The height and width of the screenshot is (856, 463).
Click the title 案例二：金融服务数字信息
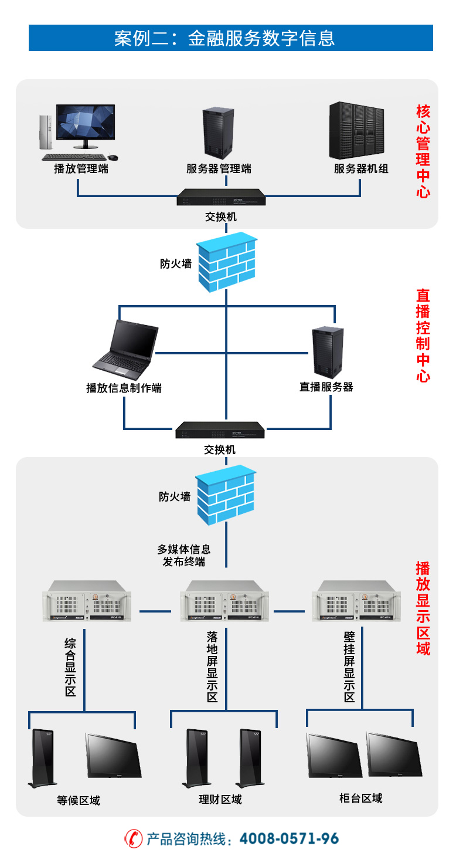coord(231,38)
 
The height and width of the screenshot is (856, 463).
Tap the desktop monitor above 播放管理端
coord(86,125)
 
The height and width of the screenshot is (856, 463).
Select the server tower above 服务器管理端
coord(218,133)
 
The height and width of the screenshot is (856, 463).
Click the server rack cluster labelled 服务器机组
coord(360,131)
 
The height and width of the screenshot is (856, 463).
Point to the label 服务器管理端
coord(219,169)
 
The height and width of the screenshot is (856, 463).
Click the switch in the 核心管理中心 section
coord(221,197)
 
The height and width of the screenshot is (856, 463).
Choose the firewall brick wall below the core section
coord(226,263)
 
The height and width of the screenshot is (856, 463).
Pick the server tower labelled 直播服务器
coord(326,352)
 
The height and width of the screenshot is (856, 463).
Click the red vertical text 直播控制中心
coord(423,335)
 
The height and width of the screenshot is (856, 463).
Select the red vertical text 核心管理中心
coord(423,151)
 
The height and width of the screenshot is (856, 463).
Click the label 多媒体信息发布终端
coord(184,556)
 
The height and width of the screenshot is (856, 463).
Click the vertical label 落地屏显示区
coord(212,667)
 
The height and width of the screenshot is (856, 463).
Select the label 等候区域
coord(79,800)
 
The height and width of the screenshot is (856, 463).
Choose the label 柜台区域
coord(361,798)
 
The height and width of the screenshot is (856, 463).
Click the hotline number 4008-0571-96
coord(290,838)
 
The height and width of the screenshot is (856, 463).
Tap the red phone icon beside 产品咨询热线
coord(134,838)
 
